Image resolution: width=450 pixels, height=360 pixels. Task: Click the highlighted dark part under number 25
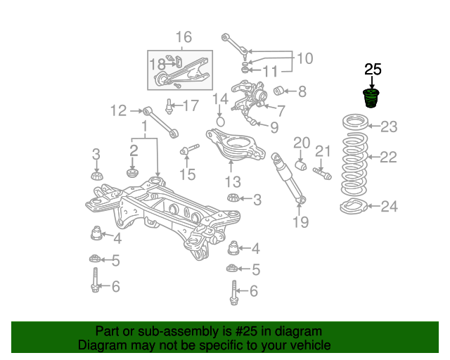point(371,98)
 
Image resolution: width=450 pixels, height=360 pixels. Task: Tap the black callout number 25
point(373,70)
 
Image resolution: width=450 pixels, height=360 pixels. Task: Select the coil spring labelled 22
point(354,165)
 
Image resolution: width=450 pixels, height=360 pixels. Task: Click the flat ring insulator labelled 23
point(355,122)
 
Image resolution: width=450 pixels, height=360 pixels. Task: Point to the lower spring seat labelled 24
point(354,206)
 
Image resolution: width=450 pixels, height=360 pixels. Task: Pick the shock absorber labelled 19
point(288,178)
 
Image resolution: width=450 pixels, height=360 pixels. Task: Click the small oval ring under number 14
point(220,122)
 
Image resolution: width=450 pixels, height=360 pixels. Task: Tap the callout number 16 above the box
point(184,37)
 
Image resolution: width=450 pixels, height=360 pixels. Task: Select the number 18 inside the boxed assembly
point(157,64)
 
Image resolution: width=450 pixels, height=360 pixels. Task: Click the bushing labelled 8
point(278,91)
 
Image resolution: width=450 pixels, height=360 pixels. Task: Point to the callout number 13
point(233,181)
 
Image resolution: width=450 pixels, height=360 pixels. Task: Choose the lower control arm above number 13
point(236,144)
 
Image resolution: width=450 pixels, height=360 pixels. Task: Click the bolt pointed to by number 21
point(322,174)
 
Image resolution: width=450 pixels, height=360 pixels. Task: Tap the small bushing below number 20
point(301,166)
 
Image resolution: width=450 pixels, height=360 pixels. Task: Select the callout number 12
point(118,110)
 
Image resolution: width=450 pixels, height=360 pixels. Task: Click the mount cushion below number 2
point(133,173)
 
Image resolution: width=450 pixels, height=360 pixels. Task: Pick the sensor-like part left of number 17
point(169,106)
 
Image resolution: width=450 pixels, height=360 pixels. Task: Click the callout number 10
point(304,58)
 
